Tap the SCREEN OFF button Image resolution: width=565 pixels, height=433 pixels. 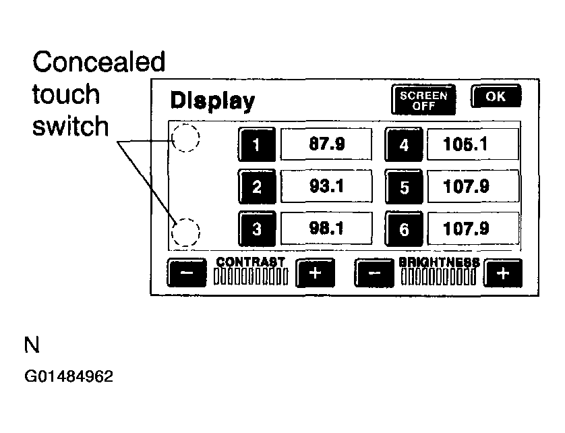coord(423,100)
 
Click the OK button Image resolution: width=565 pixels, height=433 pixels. coord(496,96)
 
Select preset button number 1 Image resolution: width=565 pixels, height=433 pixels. coord(256,144)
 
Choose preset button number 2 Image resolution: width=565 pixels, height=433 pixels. coord(256,186)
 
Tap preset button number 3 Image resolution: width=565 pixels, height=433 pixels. coord(256,229)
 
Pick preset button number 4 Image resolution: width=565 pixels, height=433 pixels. coord(404,144)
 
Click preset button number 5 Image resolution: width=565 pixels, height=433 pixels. coord(404,187)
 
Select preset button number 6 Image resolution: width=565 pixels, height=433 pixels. coord(404,229)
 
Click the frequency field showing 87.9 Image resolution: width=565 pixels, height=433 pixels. coord(326,144)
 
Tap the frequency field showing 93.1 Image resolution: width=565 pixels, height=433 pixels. coord(326,185)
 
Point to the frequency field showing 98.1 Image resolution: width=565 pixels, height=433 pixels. coord(326,228)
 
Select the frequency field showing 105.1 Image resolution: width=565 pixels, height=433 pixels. coord(473,144)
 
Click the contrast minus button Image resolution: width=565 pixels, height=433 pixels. coord(187,273)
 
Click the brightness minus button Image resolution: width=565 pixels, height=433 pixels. coord(374,273)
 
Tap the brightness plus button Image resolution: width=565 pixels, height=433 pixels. coord(504,273)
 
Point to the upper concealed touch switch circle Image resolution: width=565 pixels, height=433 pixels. coord(185,139)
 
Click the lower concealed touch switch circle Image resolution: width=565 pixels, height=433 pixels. coord(185,233)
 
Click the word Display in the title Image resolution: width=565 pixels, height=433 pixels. coord(212,101)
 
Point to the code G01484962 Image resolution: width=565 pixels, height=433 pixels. coord(69,376)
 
